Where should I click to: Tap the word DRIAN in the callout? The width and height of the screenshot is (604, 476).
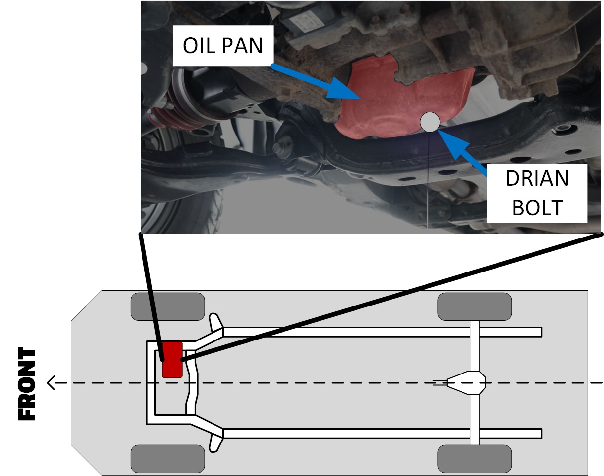point(537,178)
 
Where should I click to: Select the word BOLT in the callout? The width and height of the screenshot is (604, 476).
point(537,207)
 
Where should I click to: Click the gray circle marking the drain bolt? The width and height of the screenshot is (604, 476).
point(429,122)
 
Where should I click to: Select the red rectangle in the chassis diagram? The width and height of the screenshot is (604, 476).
point(172,359)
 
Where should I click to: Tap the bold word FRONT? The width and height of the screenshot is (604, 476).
point(28,384)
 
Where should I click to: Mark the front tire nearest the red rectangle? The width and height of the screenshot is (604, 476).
point(167,306)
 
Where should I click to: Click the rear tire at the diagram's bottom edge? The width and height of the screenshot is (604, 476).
point(474,458)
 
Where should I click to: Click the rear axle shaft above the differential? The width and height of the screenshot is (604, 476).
point(474,345)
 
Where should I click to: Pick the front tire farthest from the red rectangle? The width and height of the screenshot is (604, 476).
point(167,458)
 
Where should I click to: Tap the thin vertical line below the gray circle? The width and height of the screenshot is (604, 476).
point(429,182)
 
